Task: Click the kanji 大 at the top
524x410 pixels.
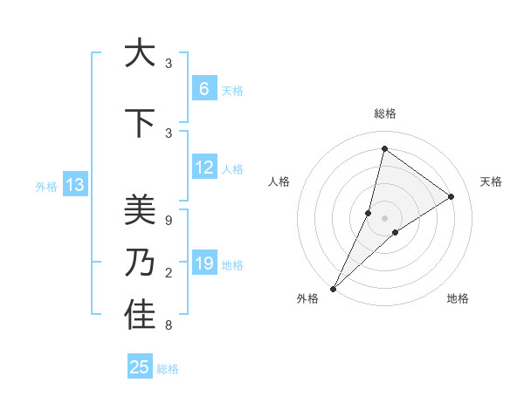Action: coord(140,54)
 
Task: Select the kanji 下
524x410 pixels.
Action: coord(140,124)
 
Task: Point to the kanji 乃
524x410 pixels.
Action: coord(140,263)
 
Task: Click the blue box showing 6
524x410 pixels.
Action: coord(203,89)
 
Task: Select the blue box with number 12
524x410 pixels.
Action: coord(203,167)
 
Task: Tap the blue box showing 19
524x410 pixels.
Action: coord(203,263)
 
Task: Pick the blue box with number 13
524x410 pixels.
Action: coord(74,185)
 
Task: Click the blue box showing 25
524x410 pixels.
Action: coord(140,367)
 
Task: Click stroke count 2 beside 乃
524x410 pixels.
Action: coord(168,274)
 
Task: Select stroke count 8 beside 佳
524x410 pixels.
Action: coord(168,326)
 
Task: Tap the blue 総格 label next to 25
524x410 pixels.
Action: coord(168,369)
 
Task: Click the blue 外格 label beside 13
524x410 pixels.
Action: coord(45,186)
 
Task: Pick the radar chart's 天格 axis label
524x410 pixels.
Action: coord(491,181)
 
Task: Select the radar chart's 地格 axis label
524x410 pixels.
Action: coord(458,298)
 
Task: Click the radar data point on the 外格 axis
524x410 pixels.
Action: coord(333,288)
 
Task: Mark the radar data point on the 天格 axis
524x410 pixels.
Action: coord(452,197)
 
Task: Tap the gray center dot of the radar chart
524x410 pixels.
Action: coord(384,217)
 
